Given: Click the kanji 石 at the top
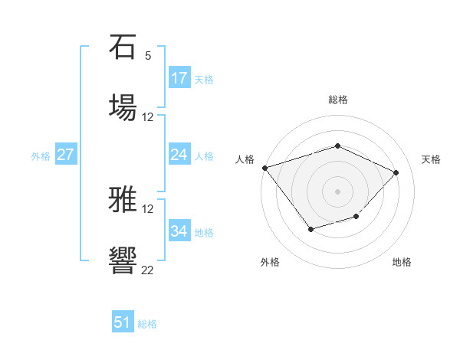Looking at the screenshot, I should point(123,48).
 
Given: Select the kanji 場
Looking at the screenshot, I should point(123,106).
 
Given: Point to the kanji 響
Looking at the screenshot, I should point(123,260).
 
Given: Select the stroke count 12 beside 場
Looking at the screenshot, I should point(148,117).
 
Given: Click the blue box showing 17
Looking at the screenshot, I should point(179,77).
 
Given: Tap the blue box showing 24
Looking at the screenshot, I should point(179,155).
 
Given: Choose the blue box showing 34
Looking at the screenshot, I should point(179,231).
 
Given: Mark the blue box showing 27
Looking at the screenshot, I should point(65,155).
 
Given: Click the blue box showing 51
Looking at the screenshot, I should point(122,322).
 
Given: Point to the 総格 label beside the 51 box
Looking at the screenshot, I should point(147,324).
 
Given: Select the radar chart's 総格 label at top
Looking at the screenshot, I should point(337,100).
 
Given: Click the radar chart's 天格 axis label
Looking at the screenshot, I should point(431,159).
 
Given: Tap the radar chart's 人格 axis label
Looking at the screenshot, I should point(245,159).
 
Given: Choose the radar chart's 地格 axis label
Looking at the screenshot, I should point(402,262).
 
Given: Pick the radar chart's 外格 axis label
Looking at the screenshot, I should point(269,262).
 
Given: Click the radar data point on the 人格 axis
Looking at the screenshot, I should point(264,168).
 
